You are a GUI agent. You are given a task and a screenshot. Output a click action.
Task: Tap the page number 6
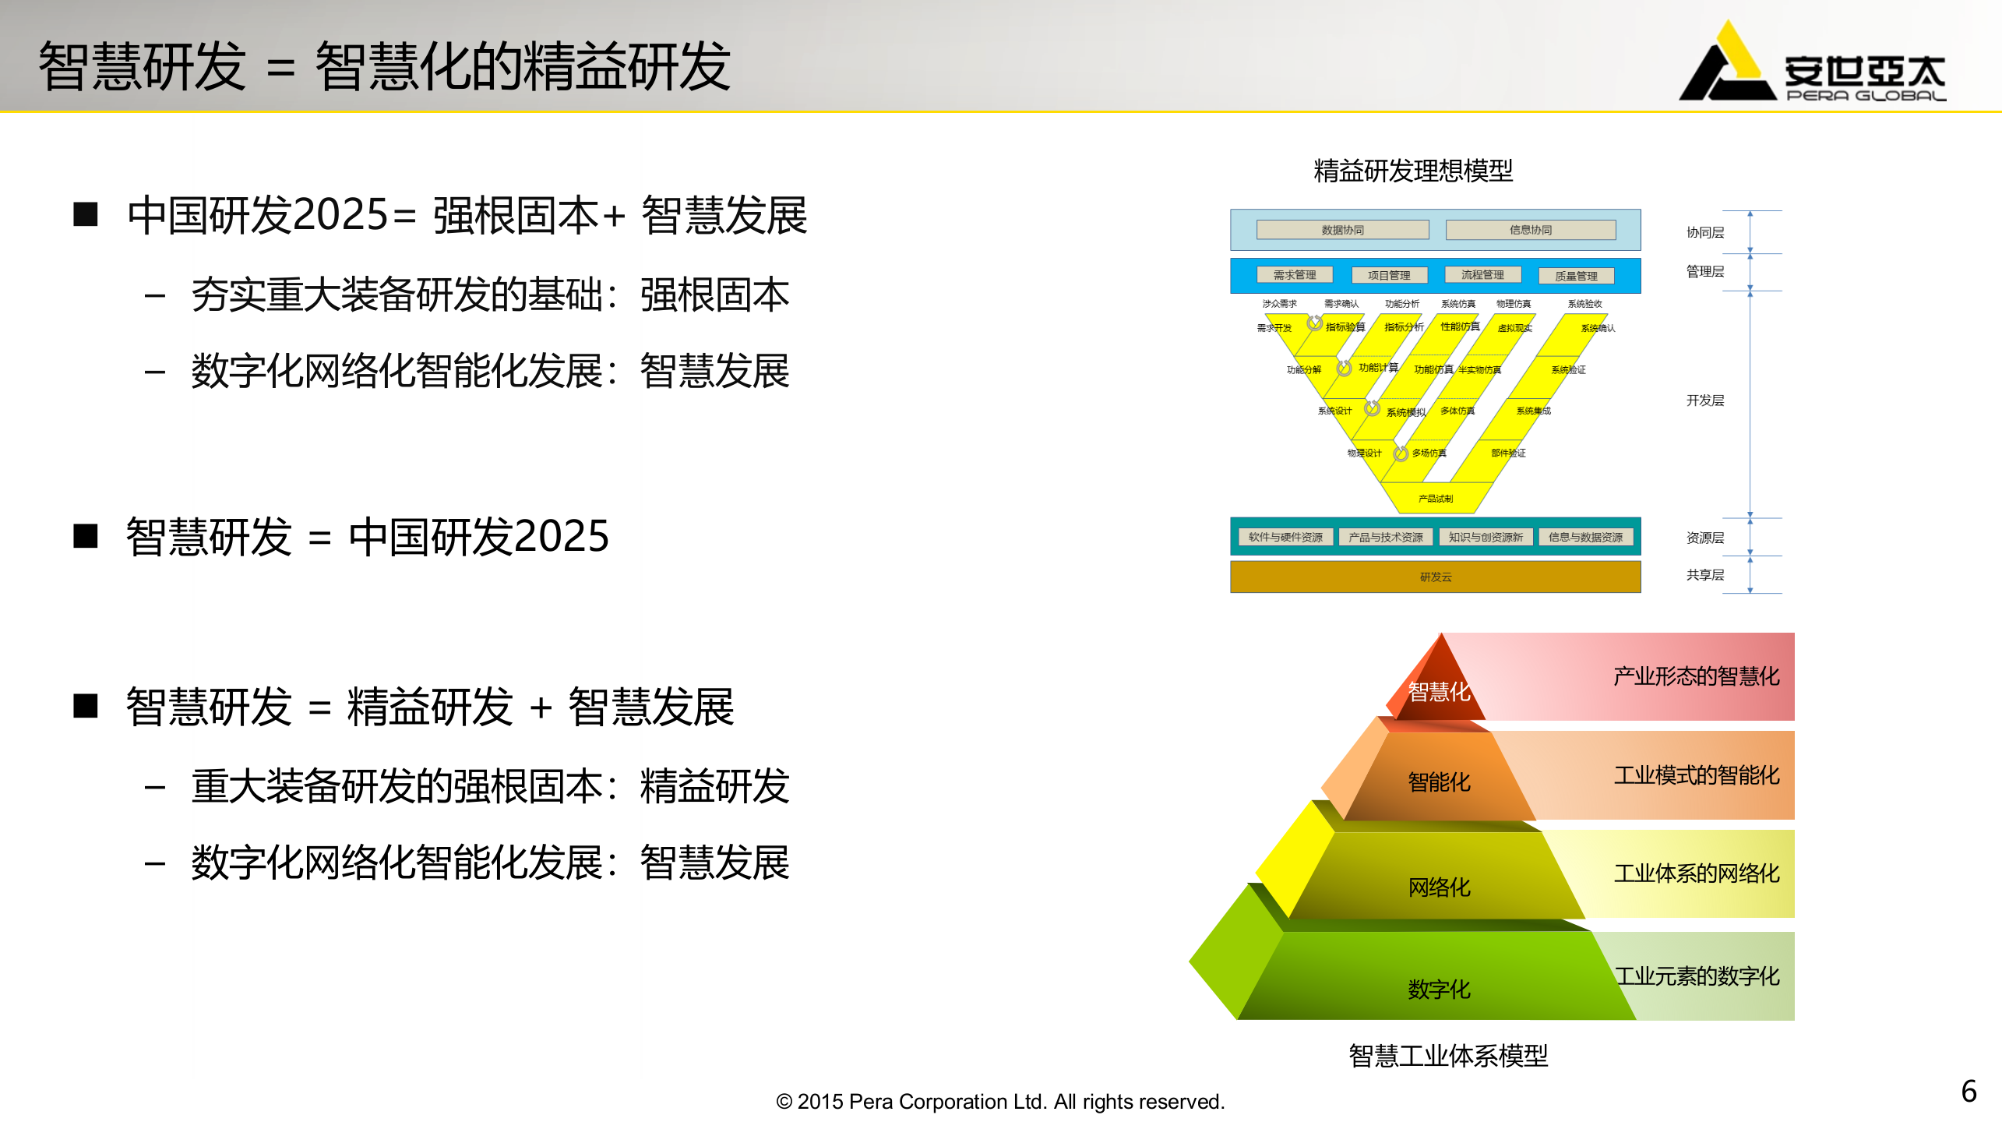[x=1968, y=1091]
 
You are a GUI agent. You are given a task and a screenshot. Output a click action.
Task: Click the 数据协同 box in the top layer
[x=1342, y=230]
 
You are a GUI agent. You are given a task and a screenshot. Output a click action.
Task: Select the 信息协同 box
[x=1530, y=230]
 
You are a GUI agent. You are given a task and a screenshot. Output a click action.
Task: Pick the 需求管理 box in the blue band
[x=1294, y=275]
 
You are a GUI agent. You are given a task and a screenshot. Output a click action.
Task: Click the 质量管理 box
[x=1576, y=276]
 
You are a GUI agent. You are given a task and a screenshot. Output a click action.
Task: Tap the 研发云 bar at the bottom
[x=1435, y=577]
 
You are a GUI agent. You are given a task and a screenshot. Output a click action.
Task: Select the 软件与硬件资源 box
[x=1285, y=537]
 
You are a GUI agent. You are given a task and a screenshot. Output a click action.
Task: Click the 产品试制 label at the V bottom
[x=1435, y=499]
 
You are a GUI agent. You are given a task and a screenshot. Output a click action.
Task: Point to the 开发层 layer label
[x=1704, y=400]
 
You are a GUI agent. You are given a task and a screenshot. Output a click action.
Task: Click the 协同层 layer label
[x=1704, y=232]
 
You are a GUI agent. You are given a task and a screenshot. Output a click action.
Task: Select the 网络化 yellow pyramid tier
[x=1439, y=886]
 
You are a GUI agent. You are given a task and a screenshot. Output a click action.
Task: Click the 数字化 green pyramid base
[x=1439, y=989]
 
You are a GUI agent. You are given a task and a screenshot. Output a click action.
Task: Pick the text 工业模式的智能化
[x=1696, y=775]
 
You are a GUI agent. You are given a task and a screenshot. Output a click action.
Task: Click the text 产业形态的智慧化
[x=1696, y=676]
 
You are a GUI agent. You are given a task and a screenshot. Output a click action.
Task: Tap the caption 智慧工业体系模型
[x=1447, y=1056]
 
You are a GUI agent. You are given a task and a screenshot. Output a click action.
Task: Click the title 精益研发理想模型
[x=1412, y=171]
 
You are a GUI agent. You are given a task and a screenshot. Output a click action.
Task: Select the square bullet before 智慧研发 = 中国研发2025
[x=85, y=536]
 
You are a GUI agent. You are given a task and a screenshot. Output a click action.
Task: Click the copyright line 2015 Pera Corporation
[x=1000, y=1102]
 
